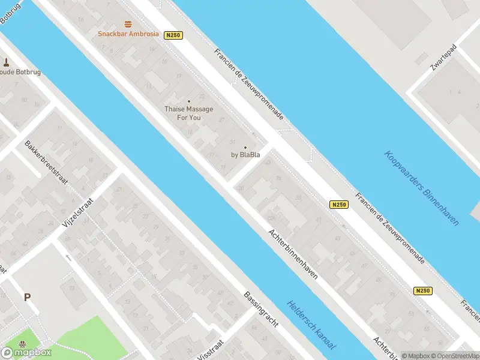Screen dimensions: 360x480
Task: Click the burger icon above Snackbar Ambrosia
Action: pos(128,24)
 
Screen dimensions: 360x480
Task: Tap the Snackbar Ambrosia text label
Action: pos(128,34)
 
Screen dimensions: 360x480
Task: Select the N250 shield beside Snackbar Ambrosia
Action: pos(173,35)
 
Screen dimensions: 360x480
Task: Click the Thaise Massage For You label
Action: pos(188,113)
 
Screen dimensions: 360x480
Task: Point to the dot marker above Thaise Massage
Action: pos(188,101)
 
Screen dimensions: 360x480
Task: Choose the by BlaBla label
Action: pos(245,155)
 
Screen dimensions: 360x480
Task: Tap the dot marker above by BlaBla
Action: pos(245,147)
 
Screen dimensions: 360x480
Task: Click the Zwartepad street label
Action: pos(440,59)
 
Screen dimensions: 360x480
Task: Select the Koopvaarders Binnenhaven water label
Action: pos(421,188)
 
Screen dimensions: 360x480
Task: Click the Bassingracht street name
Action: pos(261,310)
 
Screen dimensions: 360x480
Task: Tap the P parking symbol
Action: pos(27,297)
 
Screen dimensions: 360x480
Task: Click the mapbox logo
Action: pos(26,352)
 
